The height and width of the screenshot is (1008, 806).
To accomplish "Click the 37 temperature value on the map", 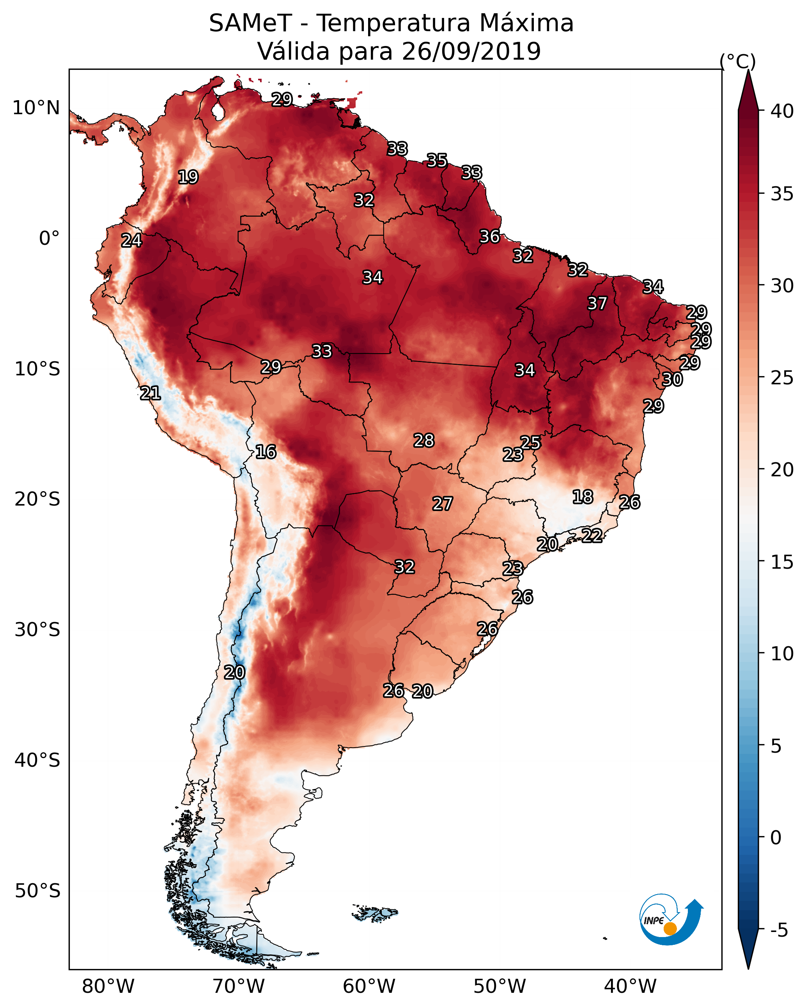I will click(x=597, y=303).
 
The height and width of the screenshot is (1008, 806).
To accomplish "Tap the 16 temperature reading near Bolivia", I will click(x=266, y=452).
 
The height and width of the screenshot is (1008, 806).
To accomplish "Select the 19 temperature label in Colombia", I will click(x=188, y=177).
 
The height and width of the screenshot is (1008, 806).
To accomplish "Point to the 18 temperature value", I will click(x=583, y=497).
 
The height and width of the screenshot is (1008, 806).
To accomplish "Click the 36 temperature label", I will click(x=490, y=237).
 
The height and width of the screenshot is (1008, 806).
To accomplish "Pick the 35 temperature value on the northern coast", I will click(x=437, y=160).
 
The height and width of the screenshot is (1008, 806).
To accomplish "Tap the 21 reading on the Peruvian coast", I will click(x=150, y=393).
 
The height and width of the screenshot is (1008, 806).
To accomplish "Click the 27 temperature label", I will click(x=442, y=504).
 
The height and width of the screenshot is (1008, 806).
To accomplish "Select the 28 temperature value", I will click(x=424, y=440).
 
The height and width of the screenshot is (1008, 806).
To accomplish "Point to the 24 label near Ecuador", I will click(x=131, y=241).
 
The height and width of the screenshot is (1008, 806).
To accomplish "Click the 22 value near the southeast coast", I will click(x=592, y=535).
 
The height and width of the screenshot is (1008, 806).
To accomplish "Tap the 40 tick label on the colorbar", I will click(x=782, y=111).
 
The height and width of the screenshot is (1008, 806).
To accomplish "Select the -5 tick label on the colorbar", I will click(x=779, y=930).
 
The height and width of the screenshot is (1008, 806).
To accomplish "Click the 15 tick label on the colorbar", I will click(x=782, y=562).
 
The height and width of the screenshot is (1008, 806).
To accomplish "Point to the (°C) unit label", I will click(x=737, y=61).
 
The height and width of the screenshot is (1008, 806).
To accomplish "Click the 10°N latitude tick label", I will click(x=36, y=108).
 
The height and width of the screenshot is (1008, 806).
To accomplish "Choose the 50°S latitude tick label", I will click(x=37, y=891).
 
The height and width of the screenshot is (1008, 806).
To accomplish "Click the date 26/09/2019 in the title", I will click(x=471, y=51).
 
